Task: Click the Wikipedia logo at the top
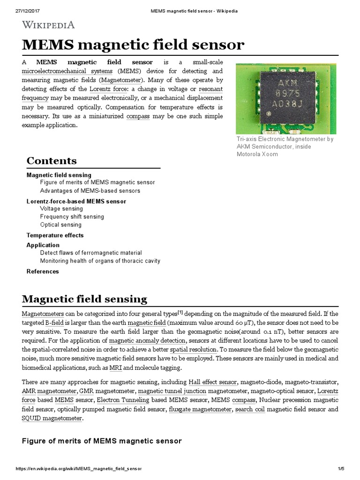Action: click(x=48, y=25)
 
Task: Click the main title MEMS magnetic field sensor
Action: click(x=133, y=45)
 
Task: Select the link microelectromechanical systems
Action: click(x=67, y=71)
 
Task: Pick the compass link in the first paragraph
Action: click(x=138, y=116)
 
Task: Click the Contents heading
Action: click(x=52, y=161)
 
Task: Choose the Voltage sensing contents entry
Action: click(x=61, y=209)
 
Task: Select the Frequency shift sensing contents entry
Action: click(x=72, y=217)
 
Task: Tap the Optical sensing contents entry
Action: click(x=60, y=225)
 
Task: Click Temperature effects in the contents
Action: click(x=55, y=235)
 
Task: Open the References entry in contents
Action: click(x=43, y=271)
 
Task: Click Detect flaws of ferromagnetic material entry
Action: click(x=91, y=253)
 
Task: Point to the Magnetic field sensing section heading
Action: click(x=85, y=299)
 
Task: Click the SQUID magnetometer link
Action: click(x=52, y=418)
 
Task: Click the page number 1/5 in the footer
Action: click(x=341, y=469)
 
